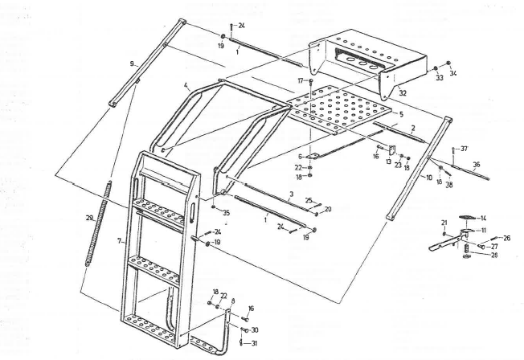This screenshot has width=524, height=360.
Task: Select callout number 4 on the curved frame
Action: (x=185, y=85)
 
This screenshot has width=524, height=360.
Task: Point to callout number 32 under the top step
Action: (x=403, y=93)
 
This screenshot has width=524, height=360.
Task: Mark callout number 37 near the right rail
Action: (x=465, y=149)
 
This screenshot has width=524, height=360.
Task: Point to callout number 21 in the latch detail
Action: (x=444, y=222)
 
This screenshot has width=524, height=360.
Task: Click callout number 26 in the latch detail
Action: (x=506, y=238)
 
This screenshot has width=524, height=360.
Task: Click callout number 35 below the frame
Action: (x=226, y=213)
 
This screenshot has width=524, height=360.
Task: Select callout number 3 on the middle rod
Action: (x=290, y=194)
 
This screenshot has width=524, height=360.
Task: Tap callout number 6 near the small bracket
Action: (x=301, y=156)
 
